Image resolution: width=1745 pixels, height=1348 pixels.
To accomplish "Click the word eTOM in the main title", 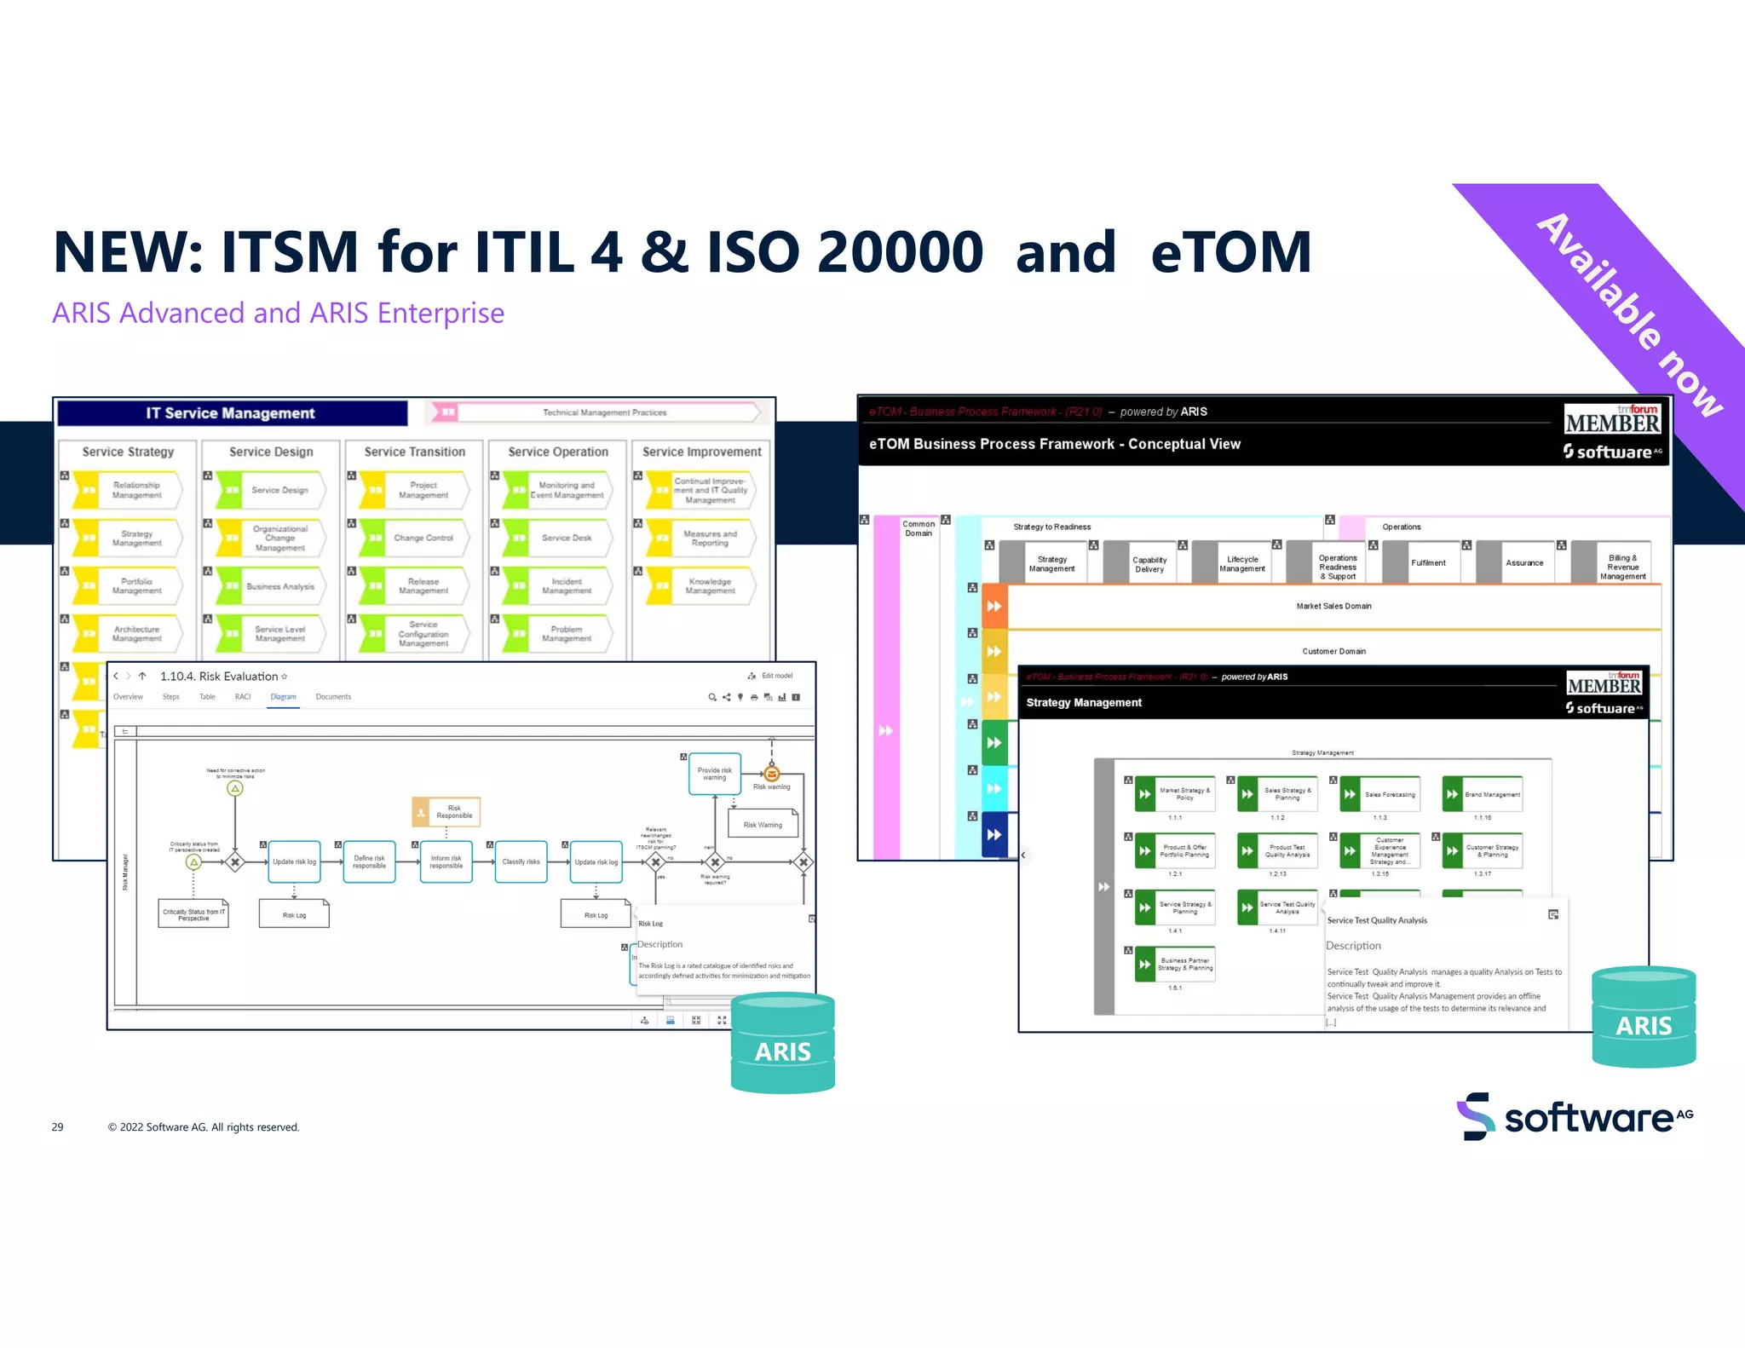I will pos(1230,252).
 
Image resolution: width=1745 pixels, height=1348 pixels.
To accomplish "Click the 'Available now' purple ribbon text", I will pos(1629,314).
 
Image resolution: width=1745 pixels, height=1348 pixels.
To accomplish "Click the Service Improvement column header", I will pos(701,452).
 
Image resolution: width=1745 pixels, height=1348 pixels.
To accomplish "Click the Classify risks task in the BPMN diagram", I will pos(521,861).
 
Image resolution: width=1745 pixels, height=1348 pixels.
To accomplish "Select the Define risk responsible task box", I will pos(369,861).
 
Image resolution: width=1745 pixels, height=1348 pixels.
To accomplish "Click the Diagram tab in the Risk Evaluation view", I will pos(283,697).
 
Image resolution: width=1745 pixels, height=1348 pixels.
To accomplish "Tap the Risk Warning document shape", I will pos(763,824).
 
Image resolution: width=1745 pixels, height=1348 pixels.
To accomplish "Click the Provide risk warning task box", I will pos(714,774).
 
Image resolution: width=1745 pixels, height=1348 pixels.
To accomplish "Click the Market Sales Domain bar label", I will pos(1333,606).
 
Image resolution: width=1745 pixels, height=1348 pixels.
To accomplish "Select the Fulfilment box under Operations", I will pos(1427,563).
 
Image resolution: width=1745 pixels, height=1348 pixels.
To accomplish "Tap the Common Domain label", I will pos(918,528).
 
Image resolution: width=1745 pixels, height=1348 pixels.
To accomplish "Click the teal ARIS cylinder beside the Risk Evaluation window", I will pos(782,1045).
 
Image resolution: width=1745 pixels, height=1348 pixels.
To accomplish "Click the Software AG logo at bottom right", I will pos(1575,1116).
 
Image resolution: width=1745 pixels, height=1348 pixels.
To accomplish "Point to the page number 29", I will pos(57,1126).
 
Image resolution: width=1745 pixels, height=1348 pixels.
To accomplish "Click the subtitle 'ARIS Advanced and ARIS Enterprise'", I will pos(278,313).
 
